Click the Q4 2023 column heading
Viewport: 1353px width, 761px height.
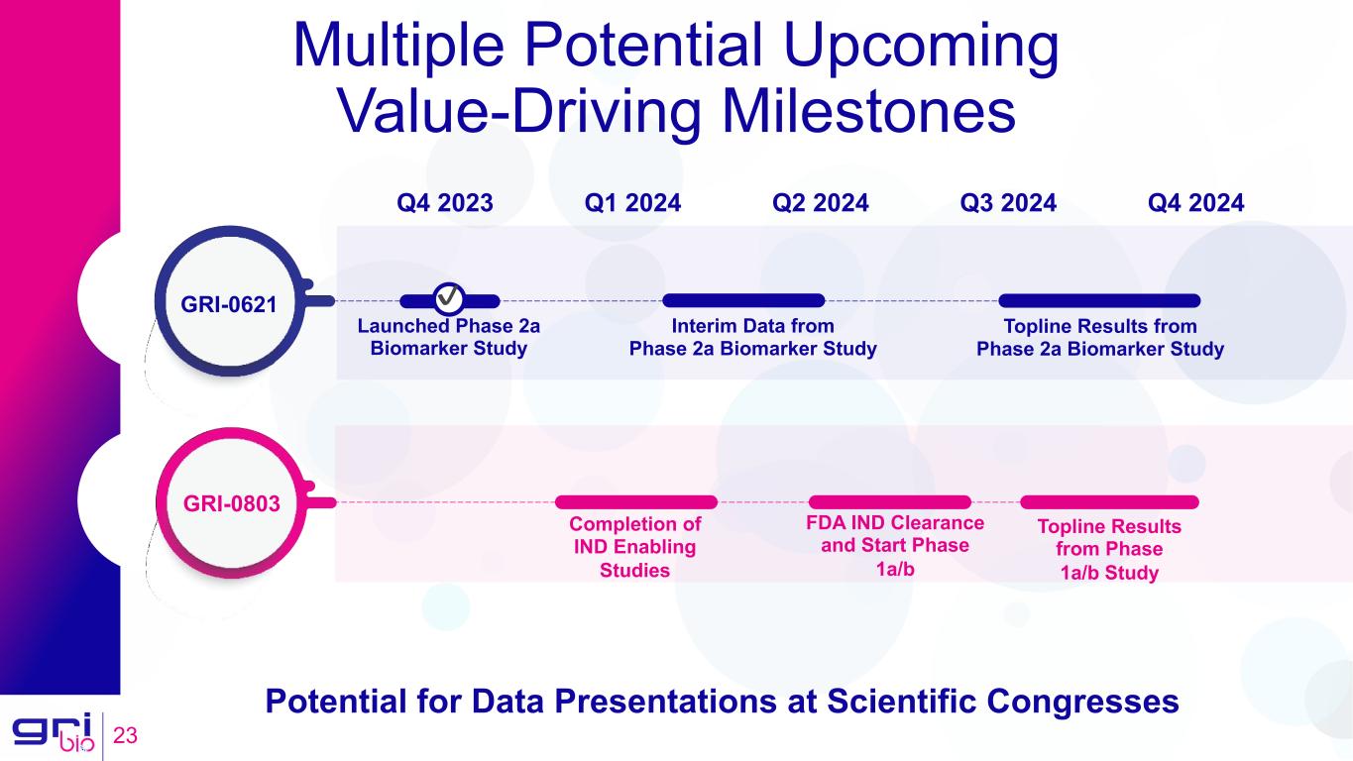444,203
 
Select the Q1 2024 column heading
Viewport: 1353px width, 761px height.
632,203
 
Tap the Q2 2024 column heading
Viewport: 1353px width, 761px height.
821,203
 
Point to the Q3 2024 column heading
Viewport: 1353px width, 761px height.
1008,203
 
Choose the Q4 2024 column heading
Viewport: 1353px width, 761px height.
1196,203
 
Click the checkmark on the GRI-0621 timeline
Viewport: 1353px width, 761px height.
449,298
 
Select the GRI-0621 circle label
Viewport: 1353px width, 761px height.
229,304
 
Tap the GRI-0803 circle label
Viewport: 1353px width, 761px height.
231,503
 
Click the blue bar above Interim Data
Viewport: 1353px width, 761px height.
743,300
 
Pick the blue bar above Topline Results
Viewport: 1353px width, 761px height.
1099,300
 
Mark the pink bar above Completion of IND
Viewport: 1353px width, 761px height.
636,502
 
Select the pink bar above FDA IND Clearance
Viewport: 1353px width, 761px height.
890,502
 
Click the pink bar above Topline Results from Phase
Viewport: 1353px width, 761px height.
1109,502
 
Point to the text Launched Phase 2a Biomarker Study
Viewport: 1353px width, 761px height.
449,337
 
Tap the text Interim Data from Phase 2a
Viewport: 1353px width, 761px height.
752,337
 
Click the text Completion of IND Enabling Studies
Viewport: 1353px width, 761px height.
634,547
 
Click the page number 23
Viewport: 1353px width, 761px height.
125,735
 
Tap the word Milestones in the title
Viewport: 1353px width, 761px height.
868,112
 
